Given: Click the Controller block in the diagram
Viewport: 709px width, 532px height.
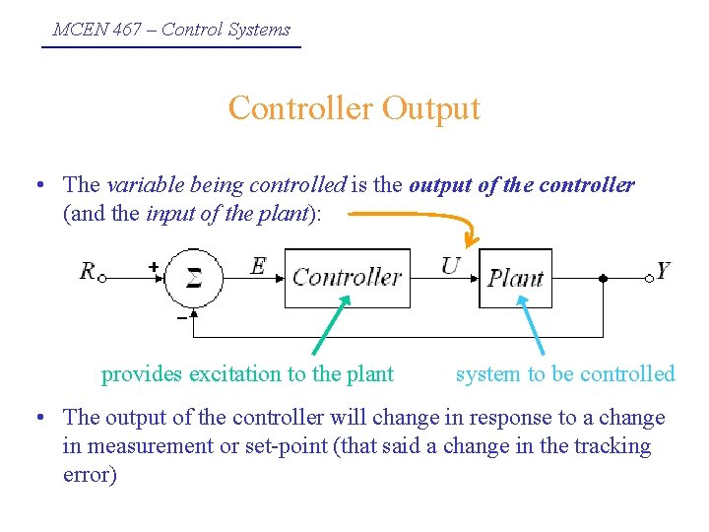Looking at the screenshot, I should pyautogui.click(x=347, y=278).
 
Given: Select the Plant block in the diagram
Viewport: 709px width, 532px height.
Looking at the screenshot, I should pyautogui.click(x=516, y=278).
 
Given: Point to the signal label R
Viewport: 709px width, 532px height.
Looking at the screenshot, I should pyautogui.click(x=88, y=271).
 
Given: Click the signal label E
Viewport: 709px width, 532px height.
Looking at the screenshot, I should pyautogui.click(x=258, y=265).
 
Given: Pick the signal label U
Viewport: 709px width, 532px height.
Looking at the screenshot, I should pyautogui.click(x=450, y=265).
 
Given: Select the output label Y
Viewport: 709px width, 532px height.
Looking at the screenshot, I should pyautogui.click(x=663, y=271).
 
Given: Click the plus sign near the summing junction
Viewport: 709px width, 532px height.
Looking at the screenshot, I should pyautogui.click(x=153, y=266).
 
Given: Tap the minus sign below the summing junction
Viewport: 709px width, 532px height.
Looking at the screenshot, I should pyautogui.click(x=181, y=318).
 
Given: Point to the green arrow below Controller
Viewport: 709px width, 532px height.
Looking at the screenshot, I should pyautogui.click(x=328, y=328).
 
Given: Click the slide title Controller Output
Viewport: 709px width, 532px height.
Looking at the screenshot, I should pyautogui.click(x=354, y=107).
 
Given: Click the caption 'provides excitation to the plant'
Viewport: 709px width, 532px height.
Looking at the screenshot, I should pyautogui.click(x=247, y=374).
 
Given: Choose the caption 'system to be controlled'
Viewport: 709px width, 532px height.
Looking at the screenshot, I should pyautogui.click(x=565, y=374).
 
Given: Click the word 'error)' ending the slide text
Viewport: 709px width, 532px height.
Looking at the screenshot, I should pyautogui.click(x=90, y=475).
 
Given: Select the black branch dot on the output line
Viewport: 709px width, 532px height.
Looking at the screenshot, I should pyautogui.click(x=603, y=278).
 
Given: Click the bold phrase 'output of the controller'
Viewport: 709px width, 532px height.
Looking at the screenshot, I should pyautogui.click(x=522, y=185).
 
